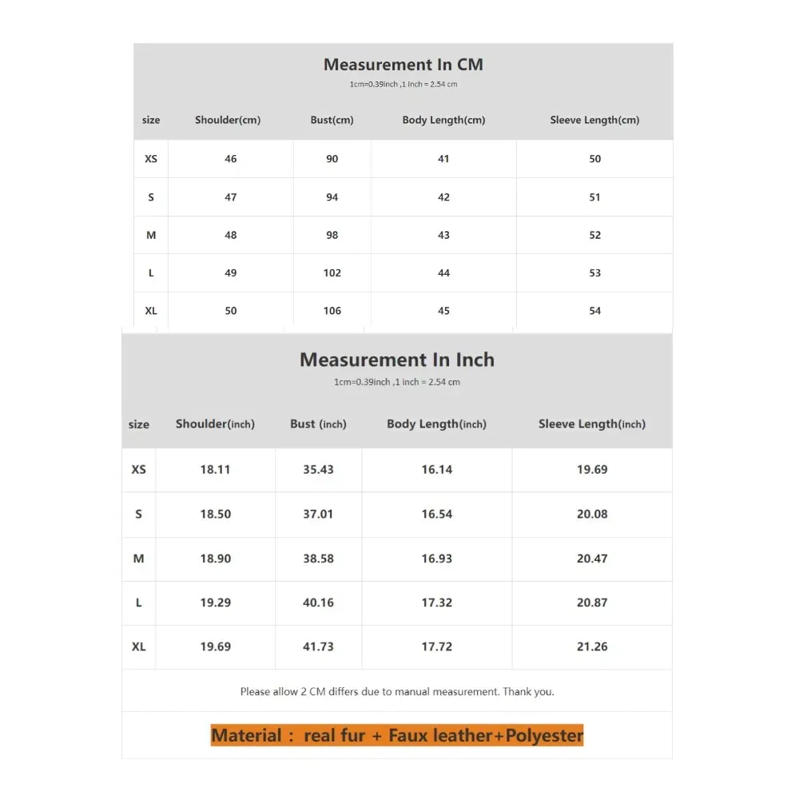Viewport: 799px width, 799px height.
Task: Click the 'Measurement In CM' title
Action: pos(403,65)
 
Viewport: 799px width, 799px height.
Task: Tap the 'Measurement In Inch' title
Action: pos(397,360)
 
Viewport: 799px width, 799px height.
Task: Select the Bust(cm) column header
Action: pos(332,120)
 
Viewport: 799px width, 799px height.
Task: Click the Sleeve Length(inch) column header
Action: pos(591,423)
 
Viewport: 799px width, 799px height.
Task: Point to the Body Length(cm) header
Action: pos(443,120)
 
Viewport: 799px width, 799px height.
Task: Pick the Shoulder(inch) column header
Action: pos(215,423)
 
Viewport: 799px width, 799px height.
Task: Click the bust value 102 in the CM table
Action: pos(332,272)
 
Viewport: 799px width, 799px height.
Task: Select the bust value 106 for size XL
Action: pos(332,311)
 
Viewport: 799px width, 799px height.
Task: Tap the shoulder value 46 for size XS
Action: pos(231,159)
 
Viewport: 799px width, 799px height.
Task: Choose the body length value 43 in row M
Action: pos(443,235)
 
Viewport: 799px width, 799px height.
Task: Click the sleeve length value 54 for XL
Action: pos(594,311)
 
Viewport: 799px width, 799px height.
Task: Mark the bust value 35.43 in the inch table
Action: pos(318,469)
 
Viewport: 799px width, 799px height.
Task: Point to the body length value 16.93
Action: pos(436,559)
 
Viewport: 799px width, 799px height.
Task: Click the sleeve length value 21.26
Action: pos(592,646)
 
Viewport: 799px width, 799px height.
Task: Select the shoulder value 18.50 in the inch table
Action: pos(215,514)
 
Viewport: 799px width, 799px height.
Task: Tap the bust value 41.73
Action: pos(318,646)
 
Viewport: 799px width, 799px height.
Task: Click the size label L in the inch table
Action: pos(138,602)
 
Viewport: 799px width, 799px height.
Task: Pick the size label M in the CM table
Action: pos(151,235)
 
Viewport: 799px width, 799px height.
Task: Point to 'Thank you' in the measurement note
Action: pos(527,692)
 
